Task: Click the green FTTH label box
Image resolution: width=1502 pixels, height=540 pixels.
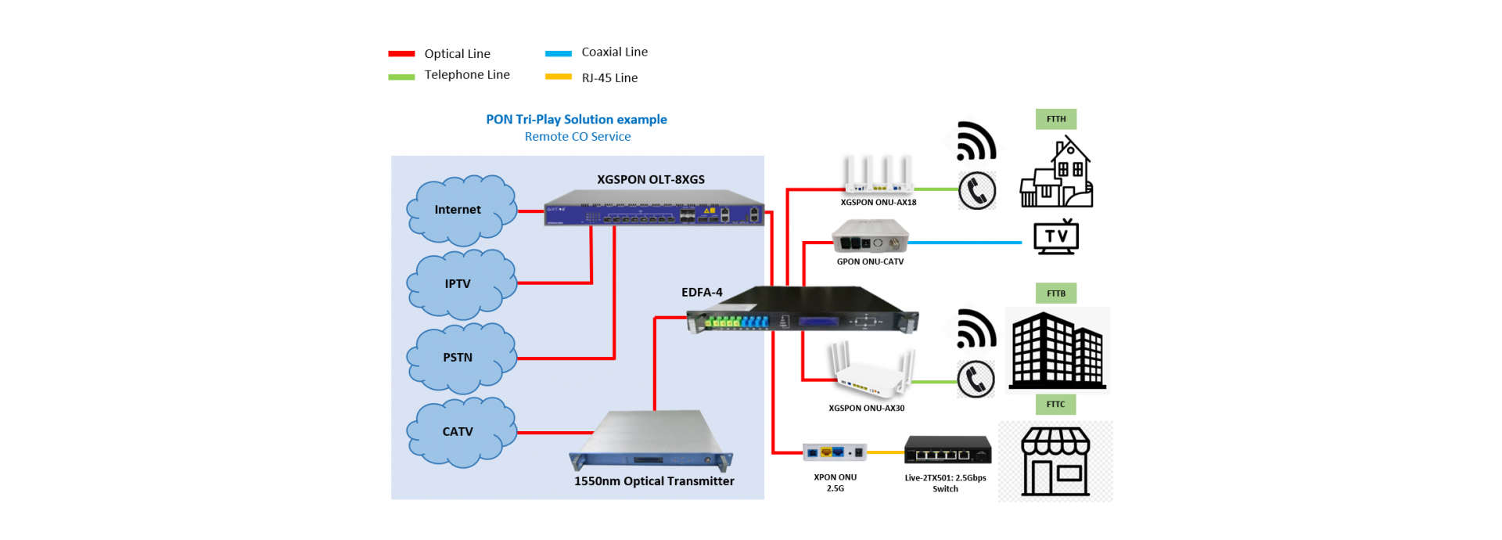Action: tap(1056, 119)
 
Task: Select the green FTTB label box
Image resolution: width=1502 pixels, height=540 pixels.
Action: tap(1056, 293)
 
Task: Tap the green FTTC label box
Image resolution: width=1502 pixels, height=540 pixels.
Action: tap(1056, 405)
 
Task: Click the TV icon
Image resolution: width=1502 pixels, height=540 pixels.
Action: tap(1056, 236)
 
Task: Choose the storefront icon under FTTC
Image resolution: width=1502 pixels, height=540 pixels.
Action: tap(1055, 461)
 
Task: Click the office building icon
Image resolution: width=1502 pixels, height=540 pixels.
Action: tap(1058, 351)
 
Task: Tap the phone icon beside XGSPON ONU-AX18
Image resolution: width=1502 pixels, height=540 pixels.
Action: tap(977, 190)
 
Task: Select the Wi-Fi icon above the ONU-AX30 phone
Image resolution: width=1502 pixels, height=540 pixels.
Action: tap(976, 329)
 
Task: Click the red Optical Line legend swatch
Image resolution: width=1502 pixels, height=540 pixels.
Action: tap(401, 54)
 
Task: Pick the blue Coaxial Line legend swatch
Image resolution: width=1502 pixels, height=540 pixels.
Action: tap(559, 54)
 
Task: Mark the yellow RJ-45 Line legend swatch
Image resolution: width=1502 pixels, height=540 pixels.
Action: tap(559, 77)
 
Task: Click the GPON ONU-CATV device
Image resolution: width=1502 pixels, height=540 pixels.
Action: tap(870, 236)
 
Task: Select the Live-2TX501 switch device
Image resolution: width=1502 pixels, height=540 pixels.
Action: tap(948, 450)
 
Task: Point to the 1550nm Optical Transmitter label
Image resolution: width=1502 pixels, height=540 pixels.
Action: tap(654, 481)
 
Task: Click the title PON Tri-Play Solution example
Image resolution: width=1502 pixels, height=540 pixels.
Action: tap(577, 120)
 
